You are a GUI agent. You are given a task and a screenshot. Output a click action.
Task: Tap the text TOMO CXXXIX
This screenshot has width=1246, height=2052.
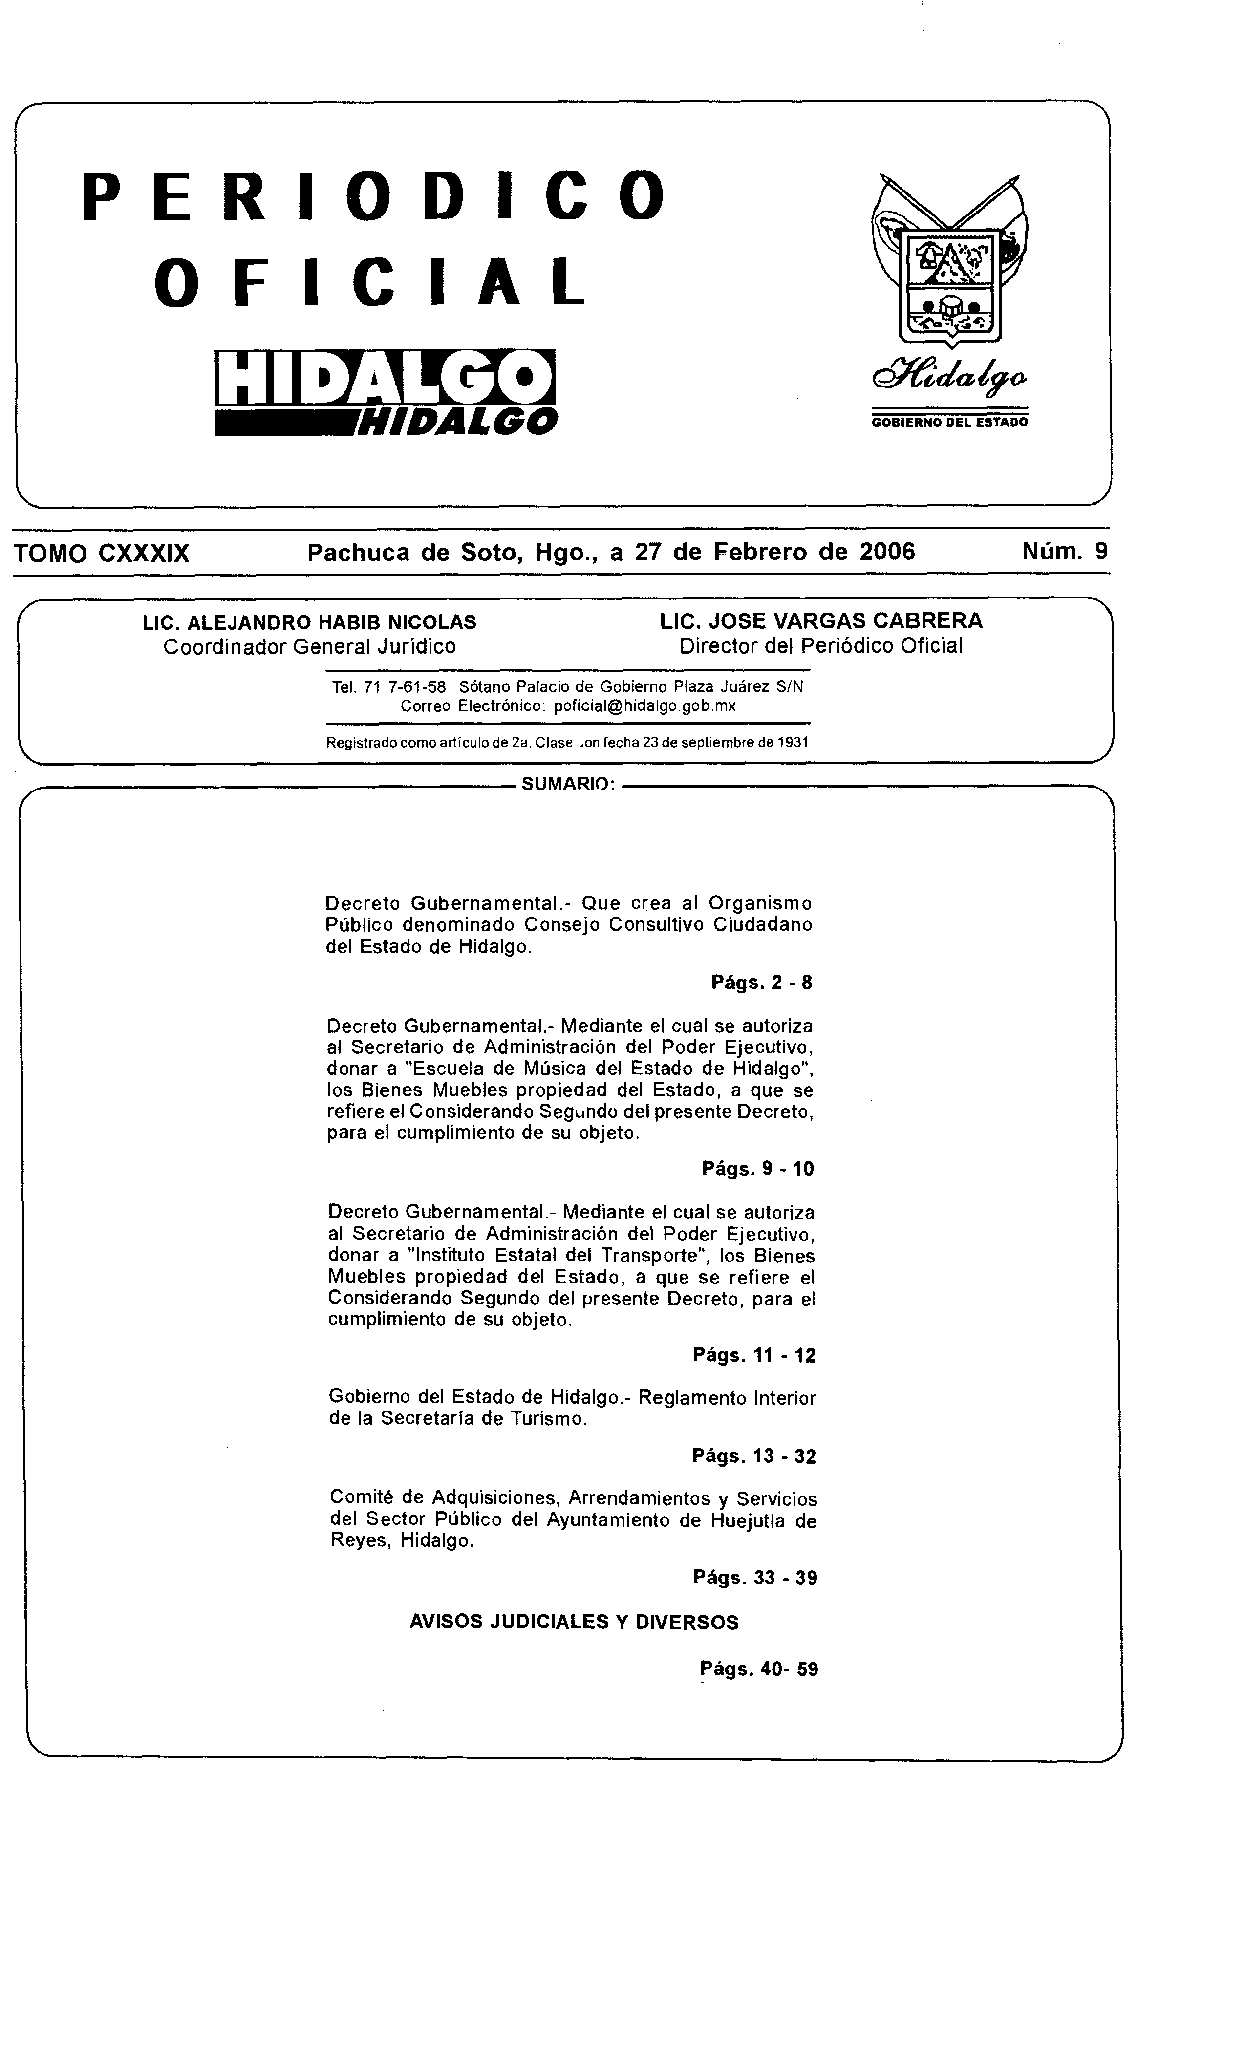coord(102,553)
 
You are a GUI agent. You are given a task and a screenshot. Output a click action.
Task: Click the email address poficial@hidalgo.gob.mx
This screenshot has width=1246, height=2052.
coord(644,706)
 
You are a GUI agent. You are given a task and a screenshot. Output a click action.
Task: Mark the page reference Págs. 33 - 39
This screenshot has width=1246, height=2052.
coord(754,1577)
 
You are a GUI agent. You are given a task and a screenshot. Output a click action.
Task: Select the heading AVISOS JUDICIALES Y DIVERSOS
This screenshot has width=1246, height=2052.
coord(574,1622)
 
